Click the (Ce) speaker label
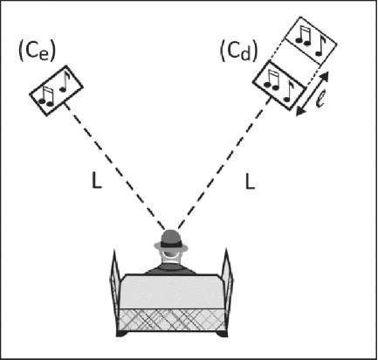tap(37, 52)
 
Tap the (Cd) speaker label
tap(239, 52)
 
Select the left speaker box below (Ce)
tap(57, 91)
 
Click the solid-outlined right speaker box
tap(280, 86)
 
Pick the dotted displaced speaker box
tap(311, 41)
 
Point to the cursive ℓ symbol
tap(320, 99)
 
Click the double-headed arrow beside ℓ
tap(313, 93)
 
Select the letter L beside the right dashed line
tap(250, 182)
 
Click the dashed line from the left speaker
tap(114, 166)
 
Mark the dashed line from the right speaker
tap(225, 163)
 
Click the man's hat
tap(171, 241)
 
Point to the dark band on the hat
tap(171, 245)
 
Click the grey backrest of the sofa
tap(172, 292)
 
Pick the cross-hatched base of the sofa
tap(172, 320)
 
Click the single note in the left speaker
tap(65, 81)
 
